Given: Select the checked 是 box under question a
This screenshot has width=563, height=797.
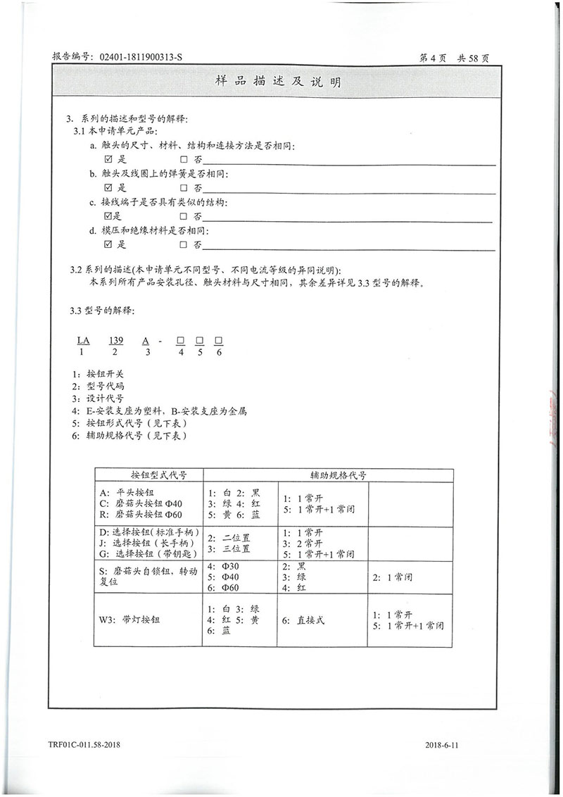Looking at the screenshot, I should tap(108, 159).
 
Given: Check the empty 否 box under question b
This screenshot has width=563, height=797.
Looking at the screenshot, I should tap(184, 188).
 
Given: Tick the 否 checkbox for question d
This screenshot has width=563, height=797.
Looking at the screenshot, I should tap(184, 245).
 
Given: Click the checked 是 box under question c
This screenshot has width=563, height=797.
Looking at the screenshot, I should tap(108, 216).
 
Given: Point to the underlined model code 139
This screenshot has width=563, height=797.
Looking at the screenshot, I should tap(116, 340).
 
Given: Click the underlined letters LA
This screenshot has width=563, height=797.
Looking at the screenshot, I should tap(82, 340).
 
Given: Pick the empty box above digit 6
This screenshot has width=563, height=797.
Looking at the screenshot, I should tap(218, 341).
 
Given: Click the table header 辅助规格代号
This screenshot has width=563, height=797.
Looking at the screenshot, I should tap(327, 475).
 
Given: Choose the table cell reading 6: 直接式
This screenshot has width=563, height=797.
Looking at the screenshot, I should tap(303, 620).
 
